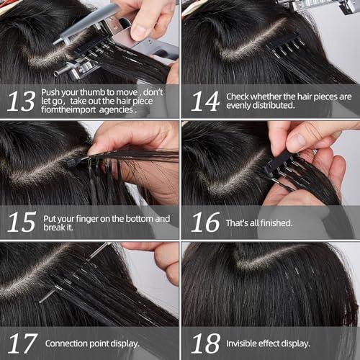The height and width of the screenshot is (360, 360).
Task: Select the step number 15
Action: click(x=21, y=222)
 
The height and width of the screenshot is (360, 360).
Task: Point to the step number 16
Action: click(x=204, y=222)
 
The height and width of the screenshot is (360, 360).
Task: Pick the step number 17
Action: click(x=21, y=343)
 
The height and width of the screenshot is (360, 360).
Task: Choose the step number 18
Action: click(x=204, y=343)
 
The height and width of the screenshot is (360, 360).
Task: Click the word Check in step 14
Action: click(x=238, y=96)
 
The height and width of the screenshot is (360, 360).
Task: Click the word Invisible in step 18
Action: click(x=244, y=343)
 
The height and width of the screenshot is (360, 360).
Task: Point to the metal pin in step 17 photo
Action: click(x=72, y=274)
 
